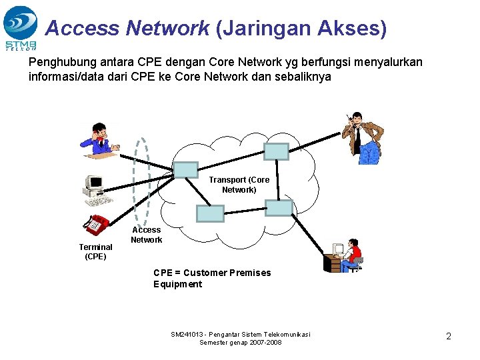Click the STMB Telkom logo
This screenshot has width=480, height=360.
20,27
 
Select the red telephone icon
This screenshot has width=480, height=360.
97,224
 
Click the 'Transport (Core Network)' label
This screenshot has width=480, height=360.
239,185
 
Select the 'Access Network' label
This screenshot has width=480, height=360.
146,235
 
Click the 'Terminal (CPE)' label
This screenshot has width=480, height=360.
95,251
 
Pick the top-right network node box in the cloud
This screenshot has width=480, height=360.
276,151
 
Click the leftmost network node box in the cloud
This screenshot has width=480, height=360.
185,170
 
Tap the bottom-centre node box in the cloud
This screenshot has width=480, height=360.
210,213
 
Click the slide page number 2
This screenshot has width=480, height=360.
449,337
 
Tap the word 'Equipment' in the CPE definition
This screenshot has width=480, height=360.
177,284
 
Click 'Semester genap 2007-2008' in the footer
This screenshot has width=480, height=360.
241,343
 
